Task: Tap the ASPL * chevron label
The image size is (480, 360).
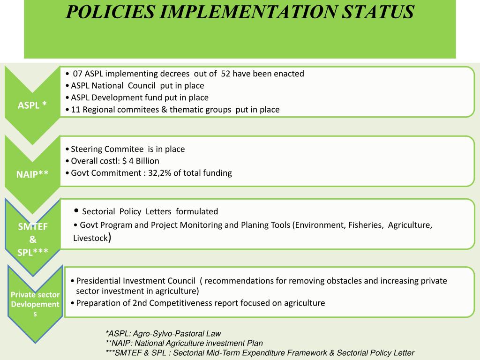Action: tap(32, 105)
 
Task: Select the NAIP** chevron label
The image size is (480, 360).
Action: tap(32, 174)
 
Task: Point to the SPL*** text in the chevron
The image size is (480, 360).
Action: tap(33, 252)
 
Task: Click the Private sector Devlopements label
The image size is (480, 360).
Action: tap(35, 304)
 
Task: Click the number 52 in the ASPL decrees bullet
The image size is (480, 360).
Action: tap(225, 74)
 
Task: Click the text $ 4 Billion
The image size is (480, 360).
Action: tap(141, 161)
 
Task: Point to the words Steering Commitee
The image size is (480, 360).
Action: tap(107, 149)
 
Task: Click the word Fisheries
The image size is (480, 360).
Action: tap(365, 225)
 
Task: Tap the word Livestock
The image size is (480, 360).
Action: tap(90, 239)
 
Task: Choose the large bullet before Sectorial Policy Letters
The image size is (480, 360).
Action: tap(77, 210)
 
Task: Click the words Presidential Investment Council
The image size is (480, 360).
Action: tap(136, 281)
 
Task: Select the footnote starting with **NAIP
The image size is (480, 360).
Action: tap(184, 343)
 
